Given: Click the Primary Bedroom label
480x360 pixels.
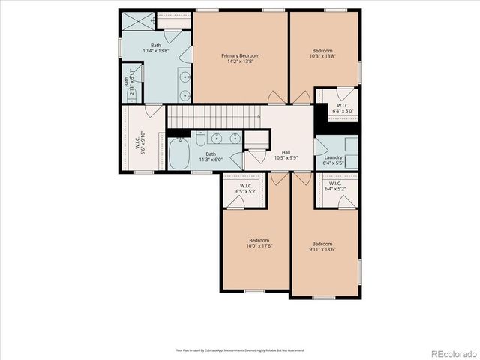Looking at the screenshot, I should [x=240, y=55].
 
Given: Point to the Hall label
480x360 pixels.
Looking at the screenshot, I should [x=286, y=152].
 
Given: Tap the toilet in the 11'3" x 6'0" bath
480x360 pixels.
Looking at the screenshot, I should [x=236, y=158].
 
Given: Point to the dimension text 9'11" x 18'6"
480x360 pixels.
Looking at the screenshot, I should [x=322, y=248].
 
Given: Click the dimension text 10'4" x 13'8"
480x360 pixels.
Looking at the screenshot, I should [x=155, y=52].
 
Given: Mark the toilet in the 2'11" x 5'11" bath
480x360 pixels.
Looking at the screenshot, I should [x=127, y=72].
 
